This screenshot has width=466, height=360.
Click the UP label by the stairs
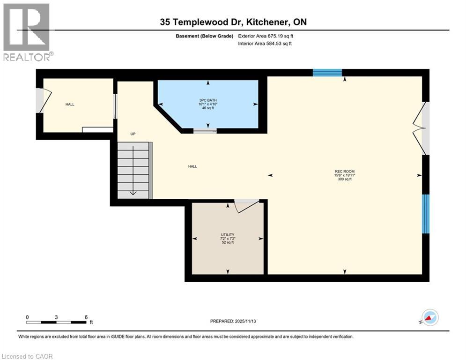(x=133, y=134)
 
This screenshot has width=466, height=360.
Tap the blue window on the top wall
(x=327, y=72)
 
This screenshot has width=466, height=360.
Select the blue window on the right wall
(x=425, y=213)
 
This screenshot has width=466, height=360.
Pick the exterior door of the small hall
(x=41, y=100)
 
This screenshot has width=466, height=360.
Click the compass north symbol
(x=430, y=317)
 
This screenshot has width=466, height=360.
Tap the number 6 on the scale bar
(x=86, y=317)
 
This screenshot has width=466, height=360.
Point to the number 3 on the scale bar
(x=56, y=317)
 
